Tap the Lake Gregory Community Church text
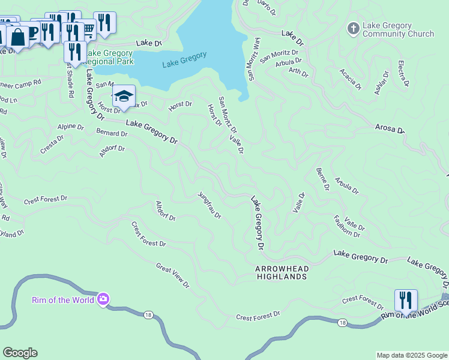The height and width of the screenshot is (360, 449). (x=399, y=29)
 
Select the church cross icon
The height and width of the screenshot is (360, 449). (x=353, y=28)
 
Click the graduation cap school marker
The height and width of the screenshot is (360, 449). (x=124, y=97)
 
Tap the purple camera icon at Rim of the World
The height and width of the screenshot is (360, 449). (x=103, y=299)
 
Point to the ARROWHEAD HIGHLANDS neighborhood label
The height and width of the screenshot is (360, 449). (x=282, y=272)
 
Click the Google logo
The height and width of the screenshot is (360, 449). (x=20, y=353)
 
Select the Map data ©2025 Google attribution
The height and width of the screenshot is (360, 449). (x=411, y=355)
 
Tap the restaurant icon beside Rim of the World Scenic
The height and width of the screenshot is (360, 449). (x=406, y=301)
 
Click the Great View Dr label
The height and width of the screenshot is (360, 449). (x=172, y=275)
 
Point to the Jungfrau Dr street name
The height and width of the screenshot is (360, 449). (x=209, y=205)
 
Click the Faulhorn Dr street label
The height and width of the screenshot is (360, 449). (x=346, y=226)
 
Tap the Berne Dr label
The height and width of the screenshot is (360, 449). (x=322, y=179)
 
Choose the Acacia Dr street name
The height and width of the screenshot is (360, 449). (x=351, y=79)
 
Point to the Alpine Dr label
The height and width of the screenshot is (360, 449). (x=71, y=127)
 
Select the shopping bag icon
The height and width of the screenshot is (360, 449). (x=18, y=37)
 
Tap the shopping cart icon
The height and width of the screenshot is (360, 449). (x=88, y=29)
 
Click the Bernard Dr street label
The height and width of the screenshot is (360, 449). (x=111, y=132)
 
